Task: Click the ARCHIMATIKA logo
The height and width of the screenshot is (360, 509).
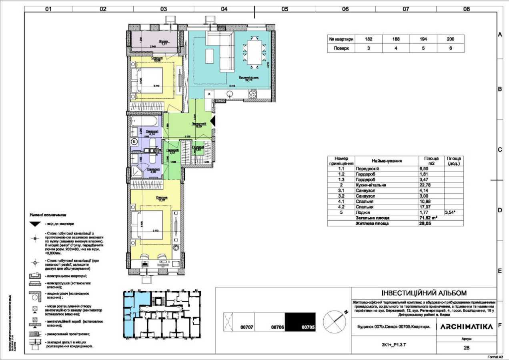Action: [466, 327]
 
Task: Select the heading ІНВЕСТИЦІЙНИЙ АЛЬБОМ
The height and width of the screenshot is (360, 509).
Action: [424, 293]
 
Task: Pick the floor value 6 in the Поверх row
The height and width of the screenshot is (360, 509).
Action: [450, 48]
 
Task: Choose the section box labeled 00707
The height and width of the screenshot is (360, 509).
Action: [247, 327]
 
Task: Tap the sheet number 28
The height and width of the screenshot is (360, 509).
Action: [466, 348]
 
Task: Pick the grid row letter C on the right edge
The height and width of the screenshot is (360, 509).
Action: [500, 150]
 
